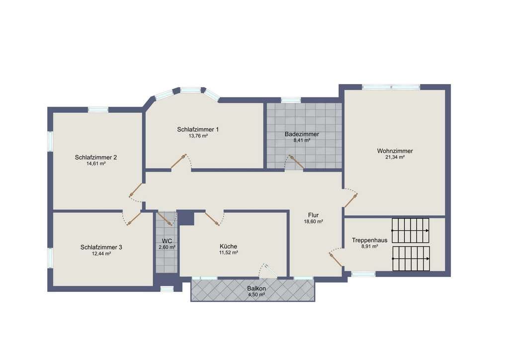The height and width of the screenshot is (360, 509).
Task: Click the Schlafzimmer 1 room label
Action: [198, 129]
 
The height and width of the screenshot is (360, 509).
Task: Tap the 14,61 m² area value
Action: [96, 164]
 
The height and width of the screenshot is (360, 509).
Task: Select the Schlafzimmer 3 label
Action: [101, 247]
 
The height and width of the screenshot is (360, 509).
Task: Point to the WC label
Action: [167, 241]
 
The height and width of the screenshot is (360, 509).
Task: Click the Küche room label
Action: [228, 247]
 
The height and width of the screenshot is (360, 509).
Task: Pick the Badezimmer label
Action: [302, 134]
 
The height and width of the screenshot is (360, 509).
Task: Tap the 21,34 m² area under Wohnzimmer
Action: [395, 157]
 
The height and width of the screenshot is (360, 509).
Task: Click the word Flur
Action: [313, 215]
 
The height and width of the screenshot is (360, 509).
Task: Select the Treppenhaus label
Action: [369, 240]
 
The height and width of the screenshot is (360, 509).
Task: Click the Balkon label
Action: [256, 288]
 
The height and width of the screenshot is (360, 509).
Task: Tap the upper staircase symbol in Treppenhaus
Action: [411, 231]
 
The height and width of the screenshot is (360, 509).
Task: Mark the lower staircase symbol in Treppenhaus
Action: [411, 259]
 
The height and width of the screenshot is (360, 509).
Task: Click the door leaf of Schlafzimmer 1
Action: [178, 161]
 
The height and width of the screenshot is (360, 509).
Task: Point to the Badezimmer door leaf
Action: [296, 162]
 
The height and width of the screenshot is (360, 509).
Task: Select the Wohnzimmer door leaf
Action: [350, 200]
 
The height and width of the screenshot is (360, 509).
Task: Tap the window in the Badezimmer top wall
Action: [290, 100]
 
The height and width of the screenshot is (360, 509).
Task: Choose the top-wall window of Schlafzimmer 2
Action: [98, 110]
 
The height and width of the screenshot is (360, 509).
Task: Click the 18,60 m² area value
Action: [313, 222]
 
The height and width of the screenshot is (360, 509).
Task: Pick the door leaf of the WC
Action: [165, 219]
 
